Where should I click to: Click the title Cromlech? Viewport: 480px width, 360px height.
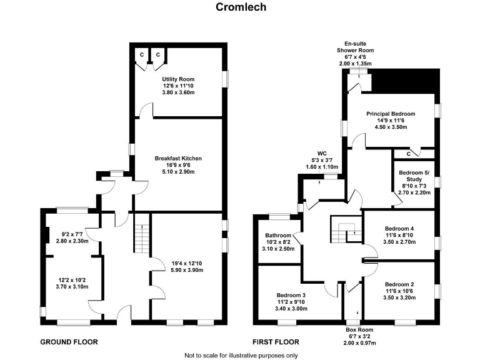coord(241,7)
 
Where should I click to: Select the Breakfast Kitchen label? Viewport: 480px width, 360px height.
coord(178,158)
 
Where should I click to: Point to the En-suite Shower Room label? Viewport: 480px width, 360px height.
coord(354,49)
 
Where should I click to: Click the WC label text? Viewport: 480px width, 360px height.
coord(322,152)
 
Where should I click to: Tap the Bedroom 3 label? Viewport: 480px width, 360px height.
coord(292,295)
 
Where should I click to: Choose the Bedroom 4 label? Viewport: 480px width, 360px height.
coord(399,229)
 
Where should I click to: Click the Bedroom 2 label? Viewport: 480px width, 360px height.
coord(399,284)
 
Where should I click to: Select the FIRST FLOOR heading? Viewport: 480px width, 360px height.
coord(276,342)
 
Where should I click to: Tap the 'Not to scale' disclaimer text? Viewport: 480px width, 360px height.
coord(241,354)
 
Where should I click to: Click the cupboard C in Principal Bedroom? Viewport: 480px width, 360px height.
coord(409,153)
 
